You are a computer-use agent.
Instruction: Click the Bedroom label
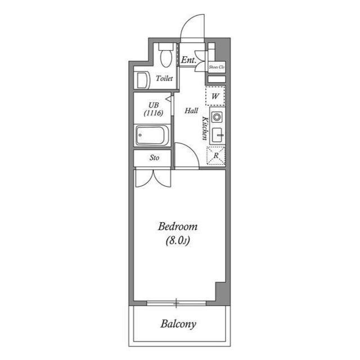click(177, 227)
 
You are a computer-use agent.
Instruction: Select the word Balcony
click(178, 324)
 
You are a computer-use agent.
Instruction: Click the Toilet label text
click(164, 79)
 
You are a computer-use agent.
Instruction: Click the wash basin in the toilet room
click(142, 79)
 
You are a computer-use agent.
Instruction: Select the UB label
click(154, 105)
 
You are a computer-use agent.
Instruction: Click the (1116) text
click(154, 113)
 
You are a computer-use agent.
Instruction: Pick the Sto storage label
click(154, 158)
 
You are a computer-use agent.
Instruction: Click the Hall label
click(191, 111)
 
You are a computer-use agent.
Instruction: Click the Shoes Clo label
click(216, 67)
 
